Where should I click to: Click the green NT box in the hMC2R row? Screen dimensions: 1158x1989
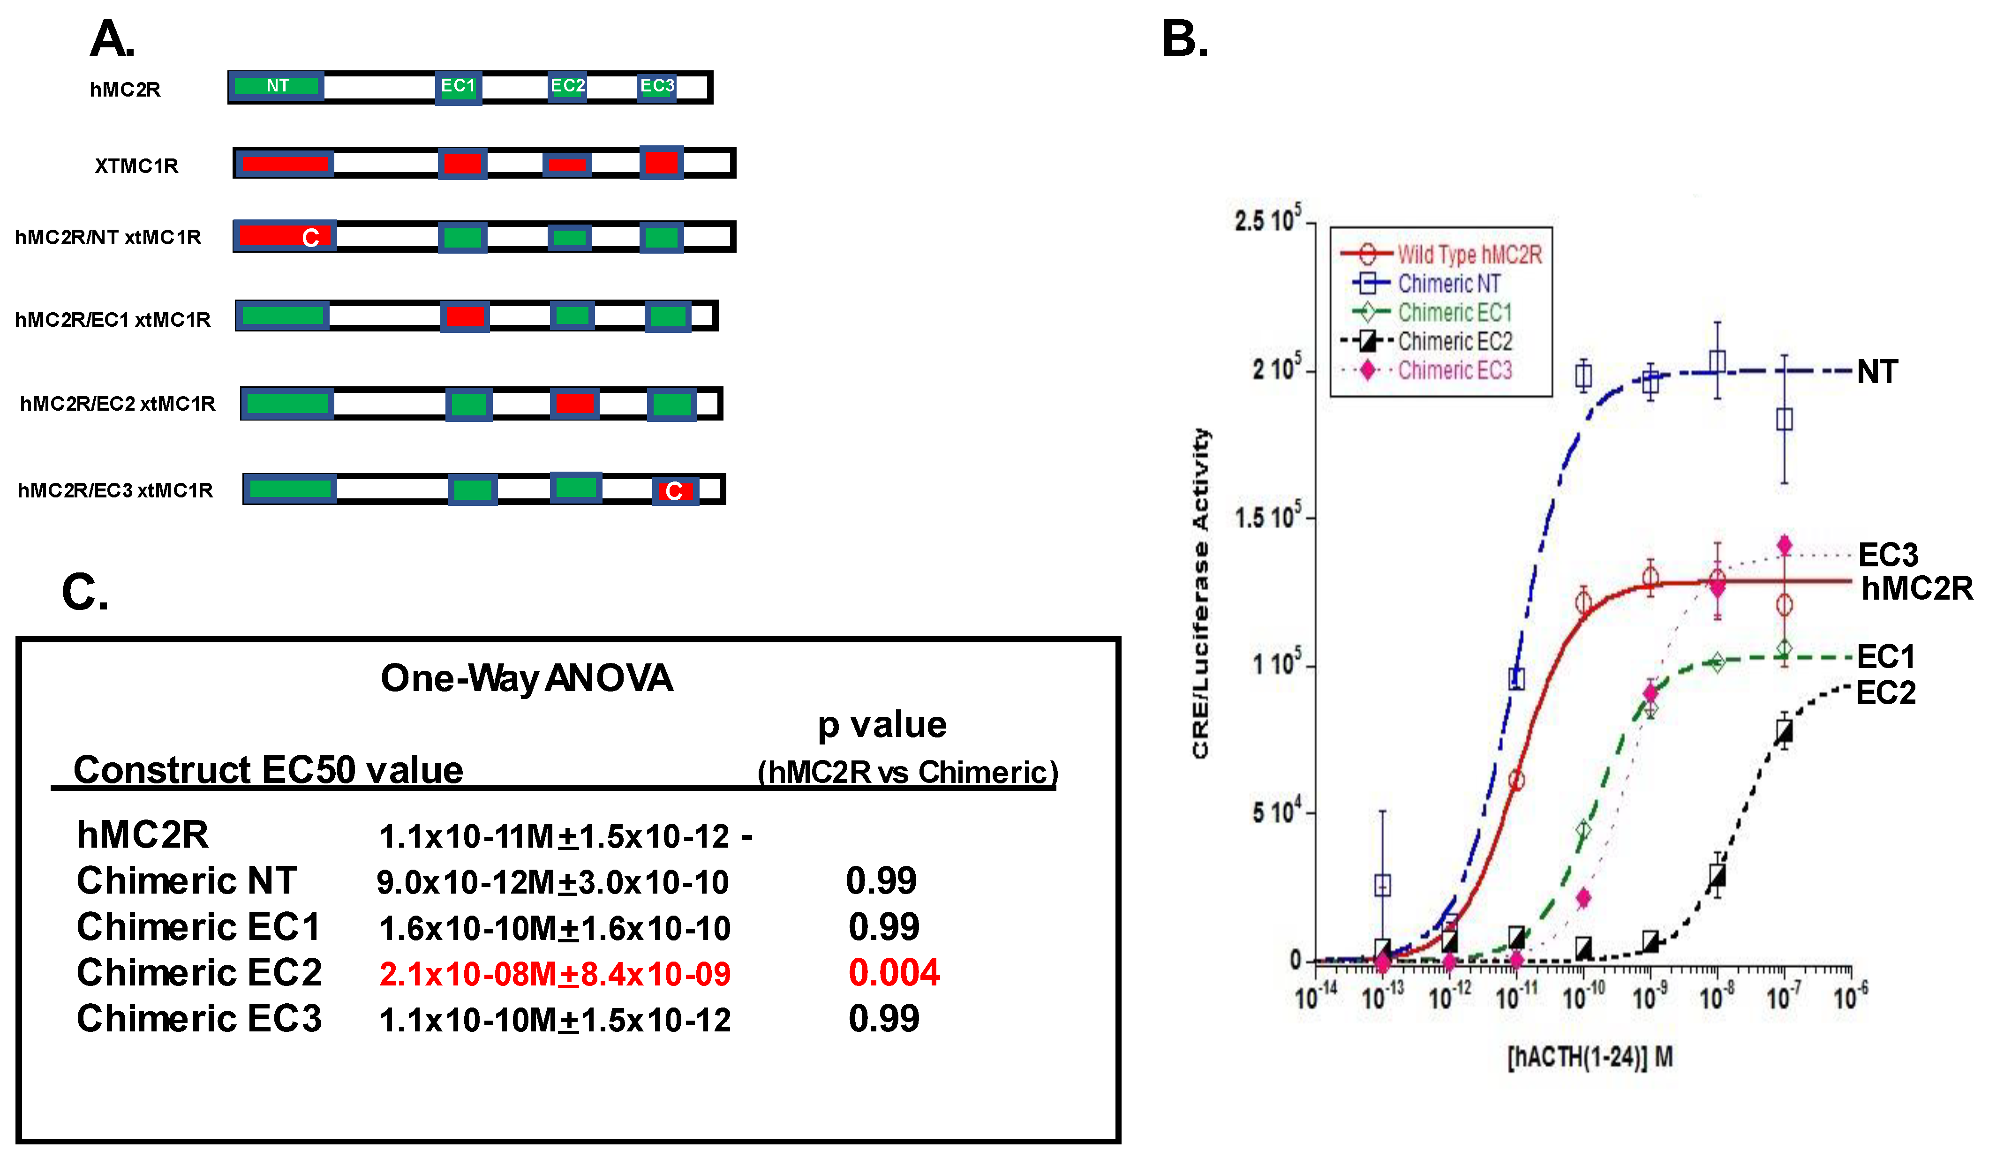[x=276, y=86]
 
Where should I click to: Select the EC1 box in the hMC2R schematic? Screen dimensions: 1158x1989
[x=459, y=86]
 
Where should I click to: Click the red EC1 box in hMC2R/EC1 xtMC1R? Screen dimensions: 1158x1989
[x=464, y=316]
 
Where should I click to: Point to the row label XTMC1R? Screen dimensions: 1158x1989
[x=136, y=166]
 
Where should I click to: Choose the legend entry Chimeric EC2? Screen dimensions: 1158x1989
[x=1454, y=342]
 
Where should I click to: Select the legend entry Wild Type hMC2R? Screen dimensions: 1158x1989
[x=1468, y=254]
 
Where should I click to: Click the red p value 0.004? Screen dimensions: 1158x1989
[x=894, y=972]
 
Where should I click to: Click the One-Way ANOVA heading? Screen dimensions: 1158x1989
[x=527, y=678]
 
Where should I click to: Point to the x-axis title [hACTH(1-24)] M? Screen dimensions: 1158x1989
[x=1590, y=1057]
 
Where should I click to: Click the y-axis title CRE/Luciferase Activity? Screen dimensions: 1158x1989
[x=1200, y=593]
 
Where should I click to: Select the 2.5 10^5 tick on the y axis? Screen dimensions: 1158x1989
[x=1267, y=221]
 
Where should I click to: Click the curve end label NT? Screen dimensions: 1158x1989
[x=1877, y=372]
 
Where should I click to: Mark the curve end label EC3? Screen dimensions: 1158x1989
[x=1887, y=555]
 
